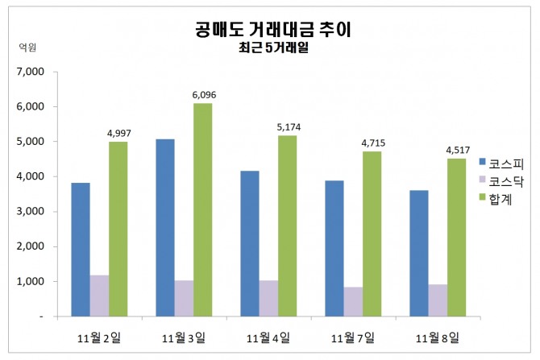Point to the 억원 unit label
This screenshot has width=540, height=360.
27,47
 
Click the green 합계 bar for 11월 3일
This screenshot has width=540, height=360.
202,209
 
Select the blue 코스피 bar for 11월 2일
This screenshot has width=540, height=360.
81,250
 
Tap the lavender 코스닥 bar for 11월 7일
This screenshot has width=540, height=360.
354,301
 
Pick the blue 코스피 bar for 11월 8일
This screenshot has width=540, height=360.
419,253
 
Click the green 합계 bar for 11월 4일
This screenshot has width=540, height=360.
287,226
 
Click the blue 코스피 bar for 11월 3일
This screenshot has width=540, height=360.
165,228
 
